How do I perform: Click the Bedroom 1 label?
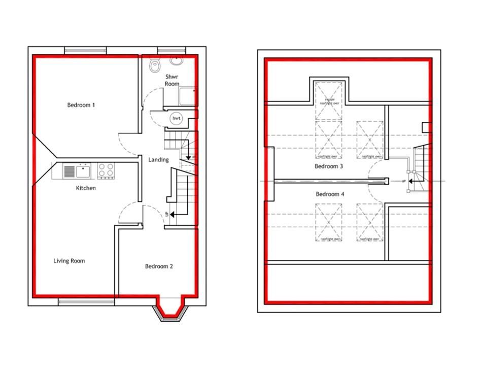pos(81,105)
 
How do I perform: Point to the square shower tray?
pos(186,96)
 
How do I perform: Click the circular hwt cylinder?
pos(177,118)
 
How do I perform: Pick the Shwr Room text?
pos(172,80)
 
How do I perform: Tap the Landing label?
pos(158,160)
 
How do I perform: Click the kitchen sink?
pos(77,171)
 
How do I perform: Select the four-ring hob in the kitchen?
pos(106,171)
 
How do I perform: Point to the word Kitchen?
pos(86,188)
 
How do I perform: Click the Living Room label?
pos(70,261)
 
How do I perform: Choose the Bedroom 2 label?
pos(159,266)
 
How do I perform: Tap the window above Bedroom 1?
pos(85,50)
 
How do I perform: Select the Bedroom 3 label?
pos(329,166)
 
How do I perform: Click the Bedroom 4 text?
pos(330,194)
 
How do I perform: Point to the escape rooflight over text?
pos(329,100)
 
